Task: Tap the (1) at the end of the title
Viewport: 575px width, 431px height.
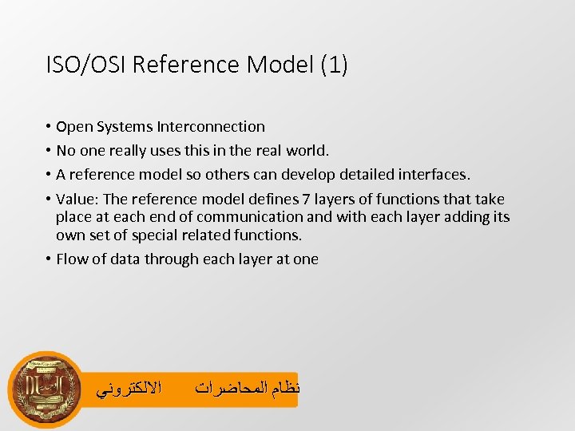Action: (333, 65)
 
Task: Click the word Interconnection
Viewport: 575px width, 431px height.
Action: (211, 126)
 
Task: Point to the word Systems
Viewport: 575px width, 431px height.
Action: (128, 126)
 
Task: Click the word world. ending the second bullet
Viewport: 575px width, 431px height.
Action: (306, 150)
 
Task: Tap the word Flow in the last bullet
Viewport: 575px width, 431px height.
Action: (72, 259)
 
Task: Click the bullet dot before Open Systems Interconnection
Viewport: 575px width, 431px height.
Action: (49, 126)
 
